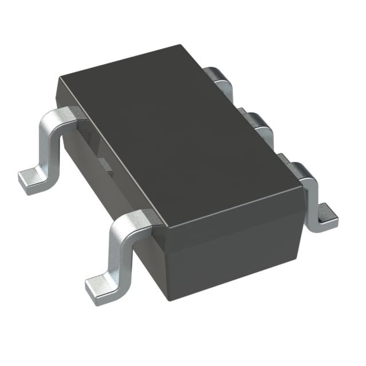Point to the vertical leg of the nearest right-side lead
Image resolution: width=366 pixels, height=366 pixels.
coord(312,197)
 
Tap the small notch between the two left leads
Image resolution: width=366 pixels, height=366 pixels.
coord(105,164)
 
